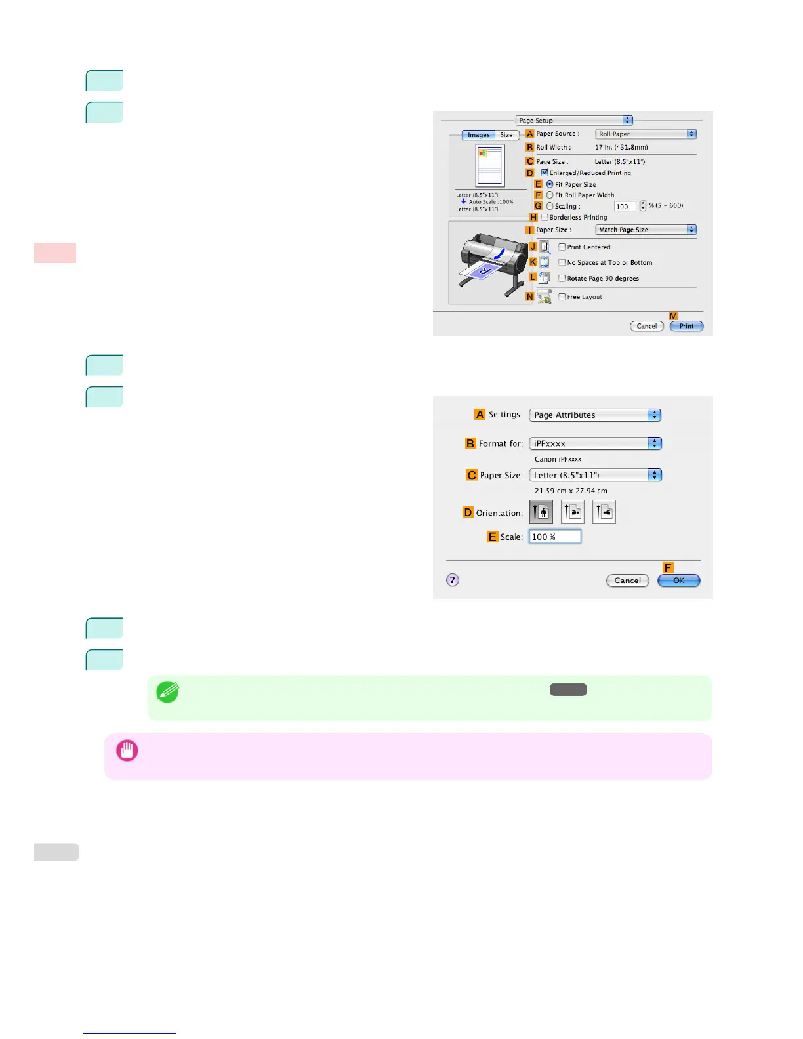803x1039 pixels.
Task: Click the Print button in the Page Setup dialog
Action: (686, 326)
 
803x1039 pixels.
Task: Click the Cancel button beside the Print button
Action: (646, 326)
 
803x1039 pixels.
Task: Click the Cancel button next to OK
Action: (627, 581)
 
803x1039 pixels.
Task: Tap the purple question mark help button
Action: (453, 580)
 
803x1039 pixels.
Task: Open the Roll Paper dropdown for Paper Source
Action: (646, 134)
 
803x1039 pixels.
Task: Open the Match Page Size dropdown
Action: (646, 230)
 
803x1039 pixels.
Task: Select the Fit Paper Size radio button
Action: (550, 184)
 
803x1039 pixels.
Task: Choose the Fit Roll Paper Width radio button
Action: (550, 195)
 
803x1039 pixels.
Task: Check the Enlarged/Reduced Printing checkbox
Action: (545, 173)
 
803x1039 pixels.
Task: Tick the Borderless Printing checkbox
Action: (545, 217)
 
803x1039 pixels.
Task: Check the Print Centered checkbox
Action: (562, 247)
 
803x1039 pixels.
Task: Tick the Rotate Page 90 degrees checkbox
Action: (562, 278)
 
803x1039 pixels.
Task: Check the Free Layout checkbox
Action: (562, 296)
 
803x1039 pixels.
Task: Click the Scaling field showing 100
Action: (625, 207)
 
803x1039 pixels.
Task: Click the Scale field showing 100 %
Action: (554, 537)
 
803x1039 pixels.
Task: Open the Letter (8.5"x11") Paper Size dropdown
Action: (595, 475)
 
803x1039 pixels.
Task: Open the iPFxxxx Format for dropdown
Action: (595, 443)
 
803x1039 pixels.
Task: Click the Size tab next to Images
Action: (506, 135)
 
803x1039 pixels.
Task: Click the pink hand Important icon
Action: (127, 750)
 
